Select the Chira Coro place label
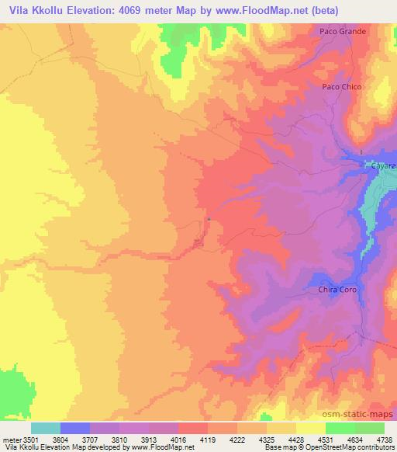pyautogui.click(x=336, y=290)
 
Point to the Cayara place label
pyautogui.click(x=383, y=166)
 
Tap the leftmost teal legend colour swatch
pyautogui.click(x=46, y=427)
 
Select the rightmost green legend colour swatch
pyautogui.click(x=369, y=427)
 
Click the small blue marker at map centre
pyautogui.click(x=208, y=219)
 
